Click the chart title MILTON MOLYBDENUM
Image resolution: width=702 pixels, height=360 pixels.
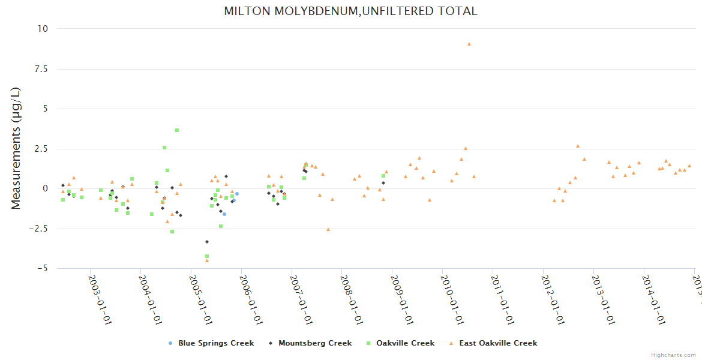pyautogui.click(x=350, y=11)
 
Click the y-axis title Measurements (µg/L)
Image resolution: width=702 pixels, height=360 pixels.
pyautogui.click(x=16, y=148)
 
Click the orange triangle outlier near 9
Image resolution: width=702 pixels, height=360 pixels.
pyautogui.click(x=469, y=44)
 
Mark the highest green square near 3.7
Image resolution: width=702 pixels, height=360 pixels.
pyautogui.click(x=177, y=130)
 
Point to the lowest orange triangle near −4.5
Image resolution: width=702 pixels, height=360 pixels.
pyautogui.click(x=207, y=260)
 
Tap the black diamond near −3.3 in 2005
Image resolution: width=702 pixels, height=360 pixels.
pyautogui.click(x=207, y=242)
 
